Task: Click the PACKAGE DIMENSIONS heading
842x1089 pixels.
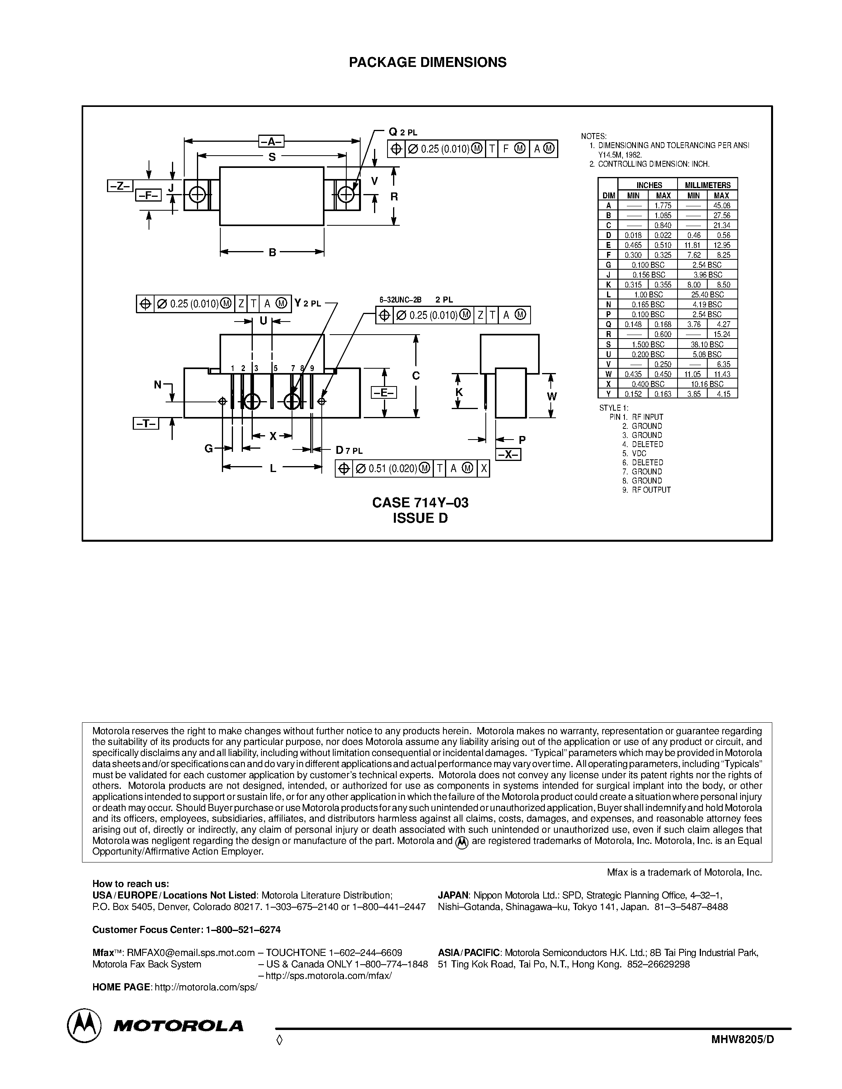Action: pyautogui.click(x=428, y=62)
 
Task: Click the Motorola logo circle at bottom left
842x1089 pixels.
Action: pyautogui.click(x=84, y=1026)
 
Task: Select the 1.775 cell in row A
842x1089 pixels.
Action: pyautogui.click(x=663, y=206)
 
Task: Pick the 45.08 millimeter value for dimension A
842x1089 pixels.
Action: pyautogui.click(x=722, y=206)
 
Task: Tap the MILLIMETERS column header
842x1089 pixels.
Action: pyautogui.click(x=707, y=185)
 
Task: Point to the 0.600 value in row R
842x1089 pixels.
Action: pyautogui.click(x=663, y=335)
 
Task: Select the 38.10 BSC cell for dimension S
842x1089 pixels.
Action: pyautogui.click(x=707, y=345)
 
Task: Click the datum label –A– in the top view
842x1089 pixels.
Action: pyautogui.click(x=271, y=142)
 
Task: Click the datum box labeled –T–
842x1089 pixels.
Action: pyautogui.click(x=146, y=424)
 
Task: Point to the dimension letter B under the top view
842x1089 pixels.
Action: pyautogui.click(x=272, y=252)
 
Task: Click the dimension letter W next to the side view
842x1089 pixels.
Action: pyautogui.click(x=551, y=397)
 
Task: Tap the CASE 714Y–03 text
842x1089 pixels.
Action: pyautogui.click(x=420, y=503)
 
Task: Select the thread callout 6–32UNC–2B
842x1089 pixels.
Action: pyautogui.click(x=400, y=300)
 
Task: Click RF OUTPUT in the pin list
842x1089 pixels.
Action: pyautogui.click(x=651, y=489)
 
